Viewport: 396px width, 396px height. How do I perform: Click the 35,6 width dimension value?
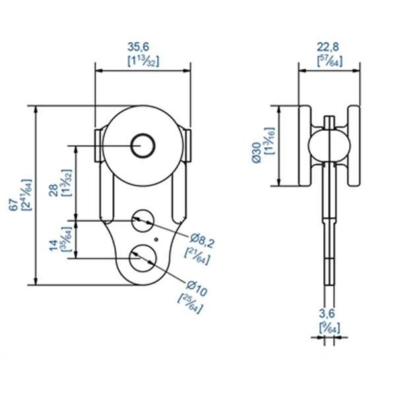coord(143,48)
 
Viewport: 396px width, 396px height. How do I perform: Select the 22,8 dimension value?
coord(329,48)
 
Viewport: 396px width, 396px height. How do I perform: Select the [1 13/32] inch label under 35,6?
coord(143,61)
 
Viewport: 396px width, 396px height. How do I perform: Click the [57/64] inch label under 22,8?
coord(329,61)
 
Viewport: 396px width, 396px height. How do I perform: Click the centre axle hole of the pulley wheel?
coord(143,145)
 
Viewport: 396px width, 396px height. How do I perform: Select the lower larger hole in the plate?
coord(141,257)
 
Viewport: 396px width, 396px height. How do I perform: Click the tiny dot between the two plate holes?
coord(156,239)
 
